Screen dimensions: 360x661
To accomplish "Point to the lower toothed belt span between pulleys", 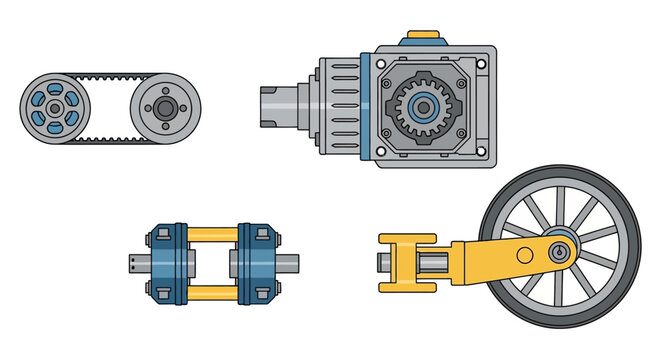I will (x=108, y=138).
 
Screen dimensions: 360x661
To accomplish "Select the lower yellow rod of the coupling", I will (x=211, y=293).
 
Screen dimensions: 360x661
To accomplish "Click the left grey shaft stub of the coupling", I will (x=139, y=263).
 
